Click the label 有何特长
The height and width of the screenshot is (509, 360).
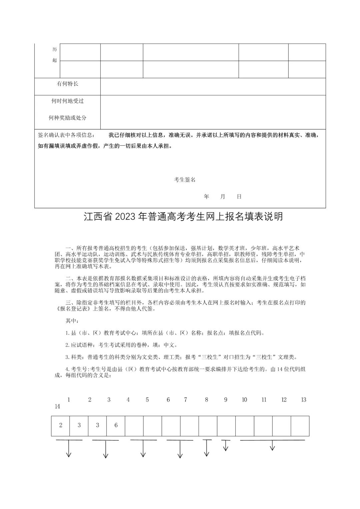[x=67, y=84]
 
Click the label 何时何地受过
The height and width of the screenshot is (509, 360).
[x=67, y=101]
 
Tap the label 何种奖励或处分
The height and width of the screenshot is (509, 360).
[x=67, y=118]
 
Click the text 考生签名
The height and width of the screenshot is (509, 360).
[x=185, y=180]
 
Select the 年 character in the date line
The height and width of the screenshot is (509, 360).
[x=206, y=197]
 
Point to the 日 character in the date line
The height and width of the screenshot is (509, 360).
[x=239, y=197]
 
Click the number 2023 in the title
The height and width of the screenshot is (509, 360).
[x=126, y=217]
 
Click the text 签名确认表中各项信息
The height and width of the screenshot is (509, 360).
[x=66, y=135]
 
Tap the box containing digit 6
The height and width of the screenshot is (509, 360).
[x=116, y=425]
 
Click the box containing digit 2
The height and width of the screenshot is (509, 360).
[x=61, y=425]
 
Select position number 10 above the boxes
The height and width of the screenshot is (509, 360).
[x=244, y=400]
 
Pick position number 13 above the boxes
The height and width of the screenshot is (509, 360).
[x=303, y=400]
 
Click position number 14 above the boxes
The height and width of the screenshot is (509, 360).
[x=57, y=407]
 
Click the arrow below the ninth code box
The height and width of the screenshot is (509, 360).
[x=226, y=446]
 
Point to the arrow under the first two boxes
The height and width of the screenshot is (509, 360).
[x=69, y=449]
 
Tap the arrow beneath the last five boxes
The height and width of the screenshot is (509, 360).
[x=272, y=446]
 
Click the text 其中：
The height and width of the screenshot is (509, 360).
[x=72, y=321]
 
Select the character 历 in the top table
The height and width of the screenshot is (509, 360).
[x=55, y=49]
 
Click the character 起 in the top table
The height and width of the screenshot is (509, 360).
[x=55, y=60]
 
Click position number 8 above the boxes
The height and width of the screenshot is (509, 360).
[x=206, y=400]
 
